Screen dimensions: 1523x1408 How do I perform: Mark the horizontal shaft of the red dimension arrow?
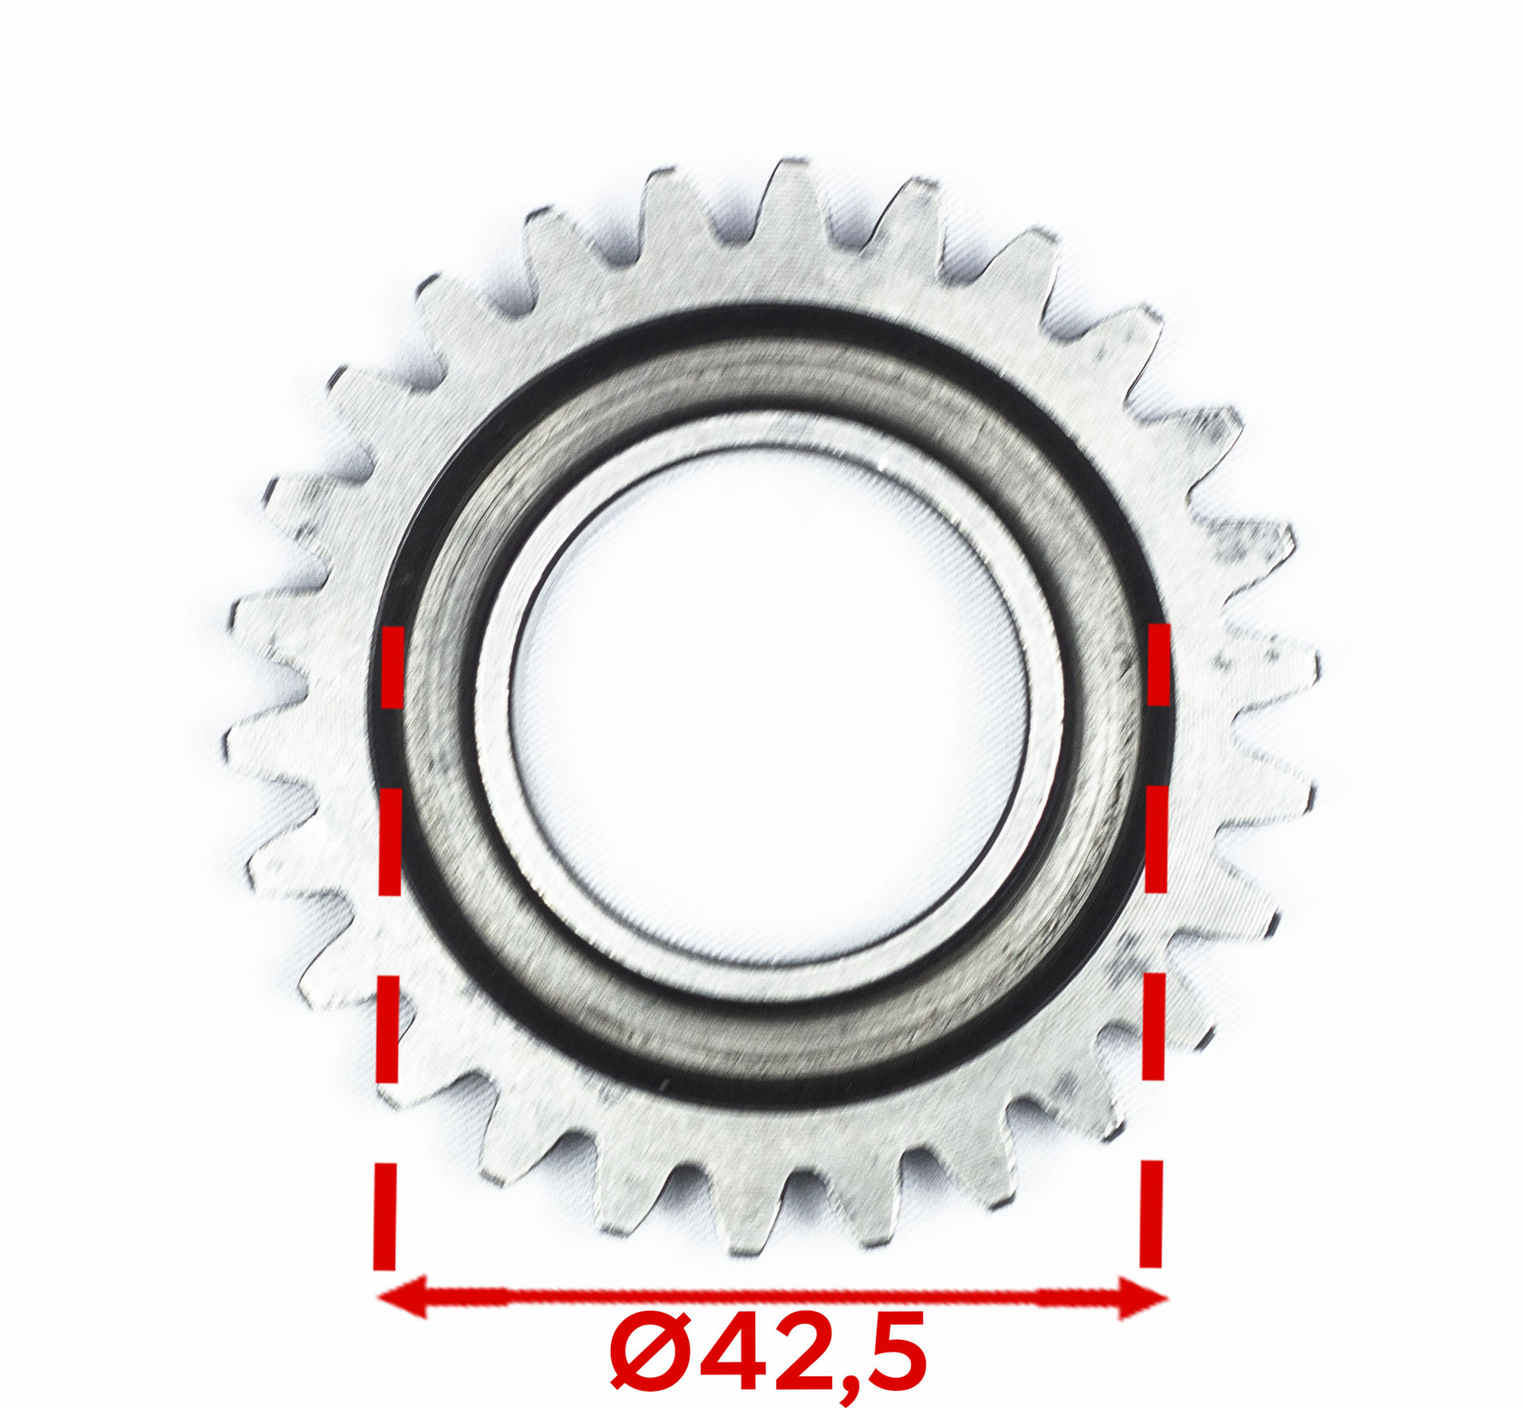(x=772, y=1297)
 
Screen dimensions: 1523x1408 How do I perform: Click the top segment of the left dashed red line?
(x=392, y=666)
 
